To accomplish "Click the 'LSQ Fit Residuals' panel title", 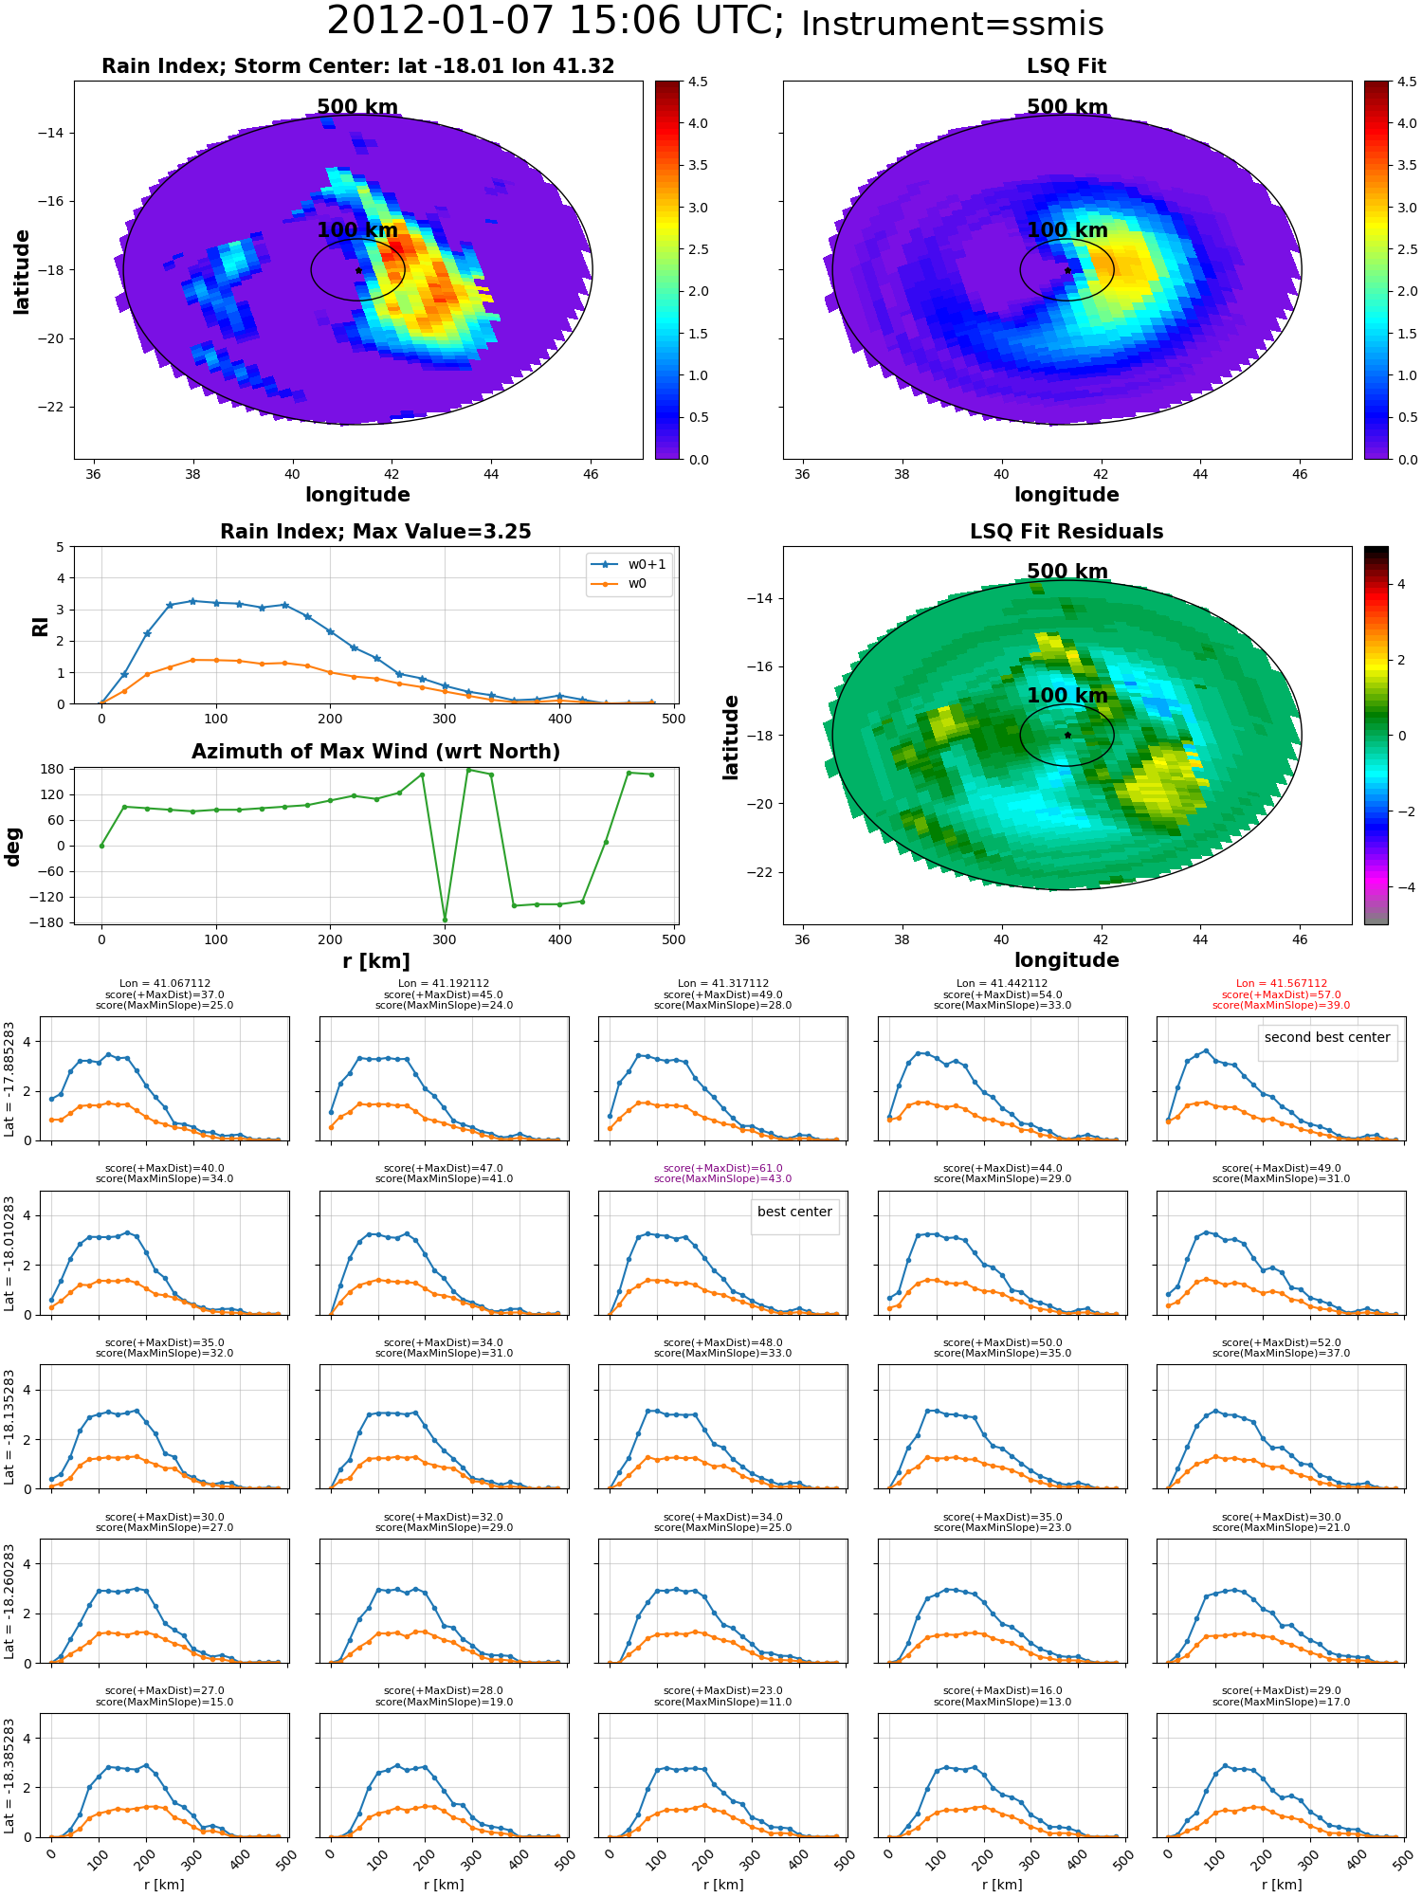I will pos(1066,532).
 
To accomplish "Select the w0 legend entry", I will pos(637,584).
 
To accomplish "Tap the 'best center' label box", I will pos(794,1212).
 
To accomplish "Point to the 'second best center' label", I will pos(1326,1037).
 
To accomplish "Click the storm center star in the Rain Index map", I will pos(358,270).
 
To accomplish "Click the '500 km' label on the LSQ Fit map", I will pos(1066,107).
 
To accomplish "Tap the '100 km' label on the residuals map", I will pos(1066,696).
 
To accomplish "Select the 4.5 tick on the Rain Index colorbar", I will pos(698,82).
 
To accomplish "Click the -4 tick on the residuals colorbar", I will pos(1401,887).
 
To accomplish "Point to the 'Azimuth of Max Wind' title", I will pos(375,752).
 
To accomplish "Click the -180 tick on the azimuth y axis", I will pos(52,922).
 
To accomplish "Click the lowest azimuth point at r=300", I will pos(445,920).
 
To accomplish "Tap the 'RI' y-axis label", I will pos(40,626).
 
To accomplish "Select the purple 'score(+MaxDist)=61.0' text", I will pos(722,1169).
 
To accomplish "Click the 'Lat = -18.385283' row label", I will pos(10,1776).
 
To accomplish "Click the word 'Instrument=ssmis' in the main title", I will pos(952,25).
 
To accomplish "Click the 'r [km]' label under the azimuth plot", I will pos(375,961).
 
